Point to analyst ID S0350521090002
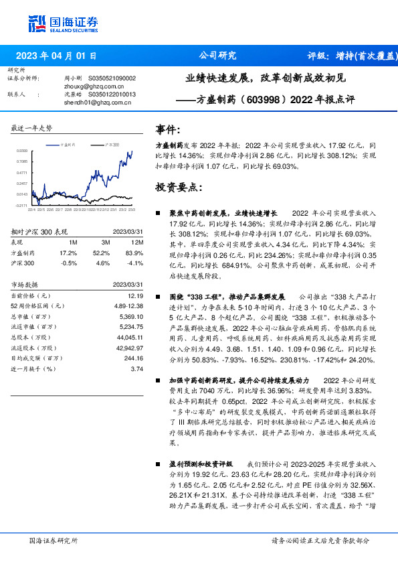click(111, 78)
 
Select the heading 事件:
click(167, 129)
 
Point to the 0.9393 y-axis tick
click(22, 151)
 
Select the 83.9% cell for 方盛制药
click(134, 253)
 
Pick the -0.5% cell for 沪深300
click(69, 263)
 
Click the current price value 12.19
click(136, 295)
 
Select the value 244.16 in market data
click(133, 358)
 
